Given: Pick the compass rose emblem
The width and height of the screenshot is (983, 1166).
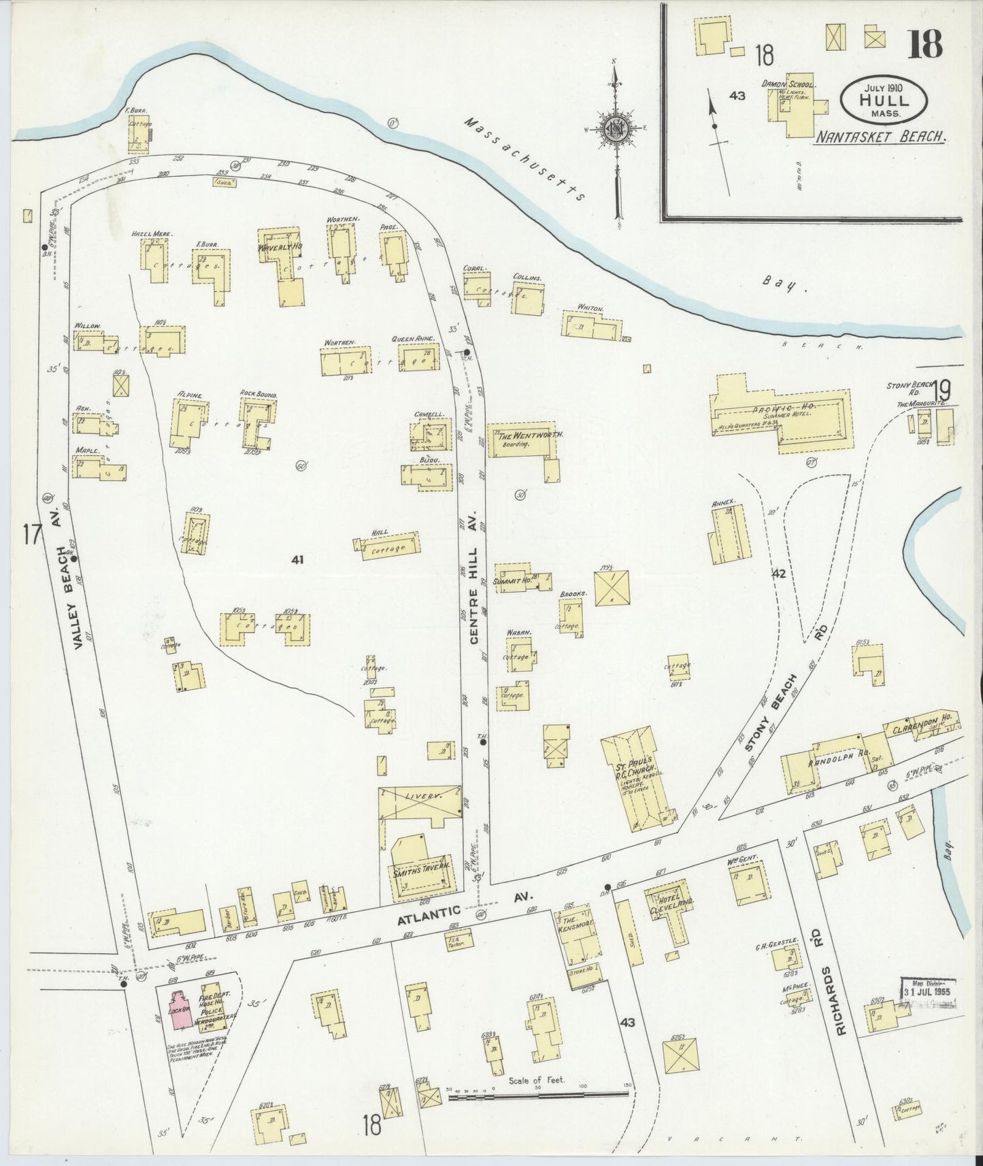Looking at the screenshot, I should click(x=616, y=128).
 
